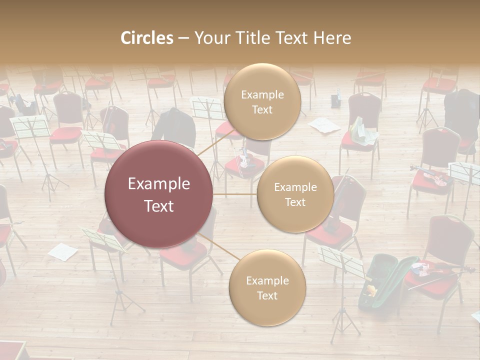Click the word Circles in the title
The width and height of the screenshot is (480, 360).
147,38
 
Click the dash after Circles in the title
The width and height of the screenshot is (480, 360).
183,38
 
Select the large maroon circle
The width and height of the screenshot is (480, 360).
158,194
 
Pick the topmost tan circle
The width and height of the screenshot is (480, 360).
262,101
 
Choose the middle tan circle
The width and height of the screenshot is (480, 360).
295,194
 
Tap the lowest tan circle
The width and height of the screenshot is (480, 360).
267,287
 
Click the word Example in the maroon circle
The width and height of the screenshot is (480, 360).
158,184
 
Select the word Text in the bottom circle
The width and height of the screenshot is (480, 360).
267,295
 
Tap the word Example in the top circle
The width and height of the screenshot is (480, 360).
262,94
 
